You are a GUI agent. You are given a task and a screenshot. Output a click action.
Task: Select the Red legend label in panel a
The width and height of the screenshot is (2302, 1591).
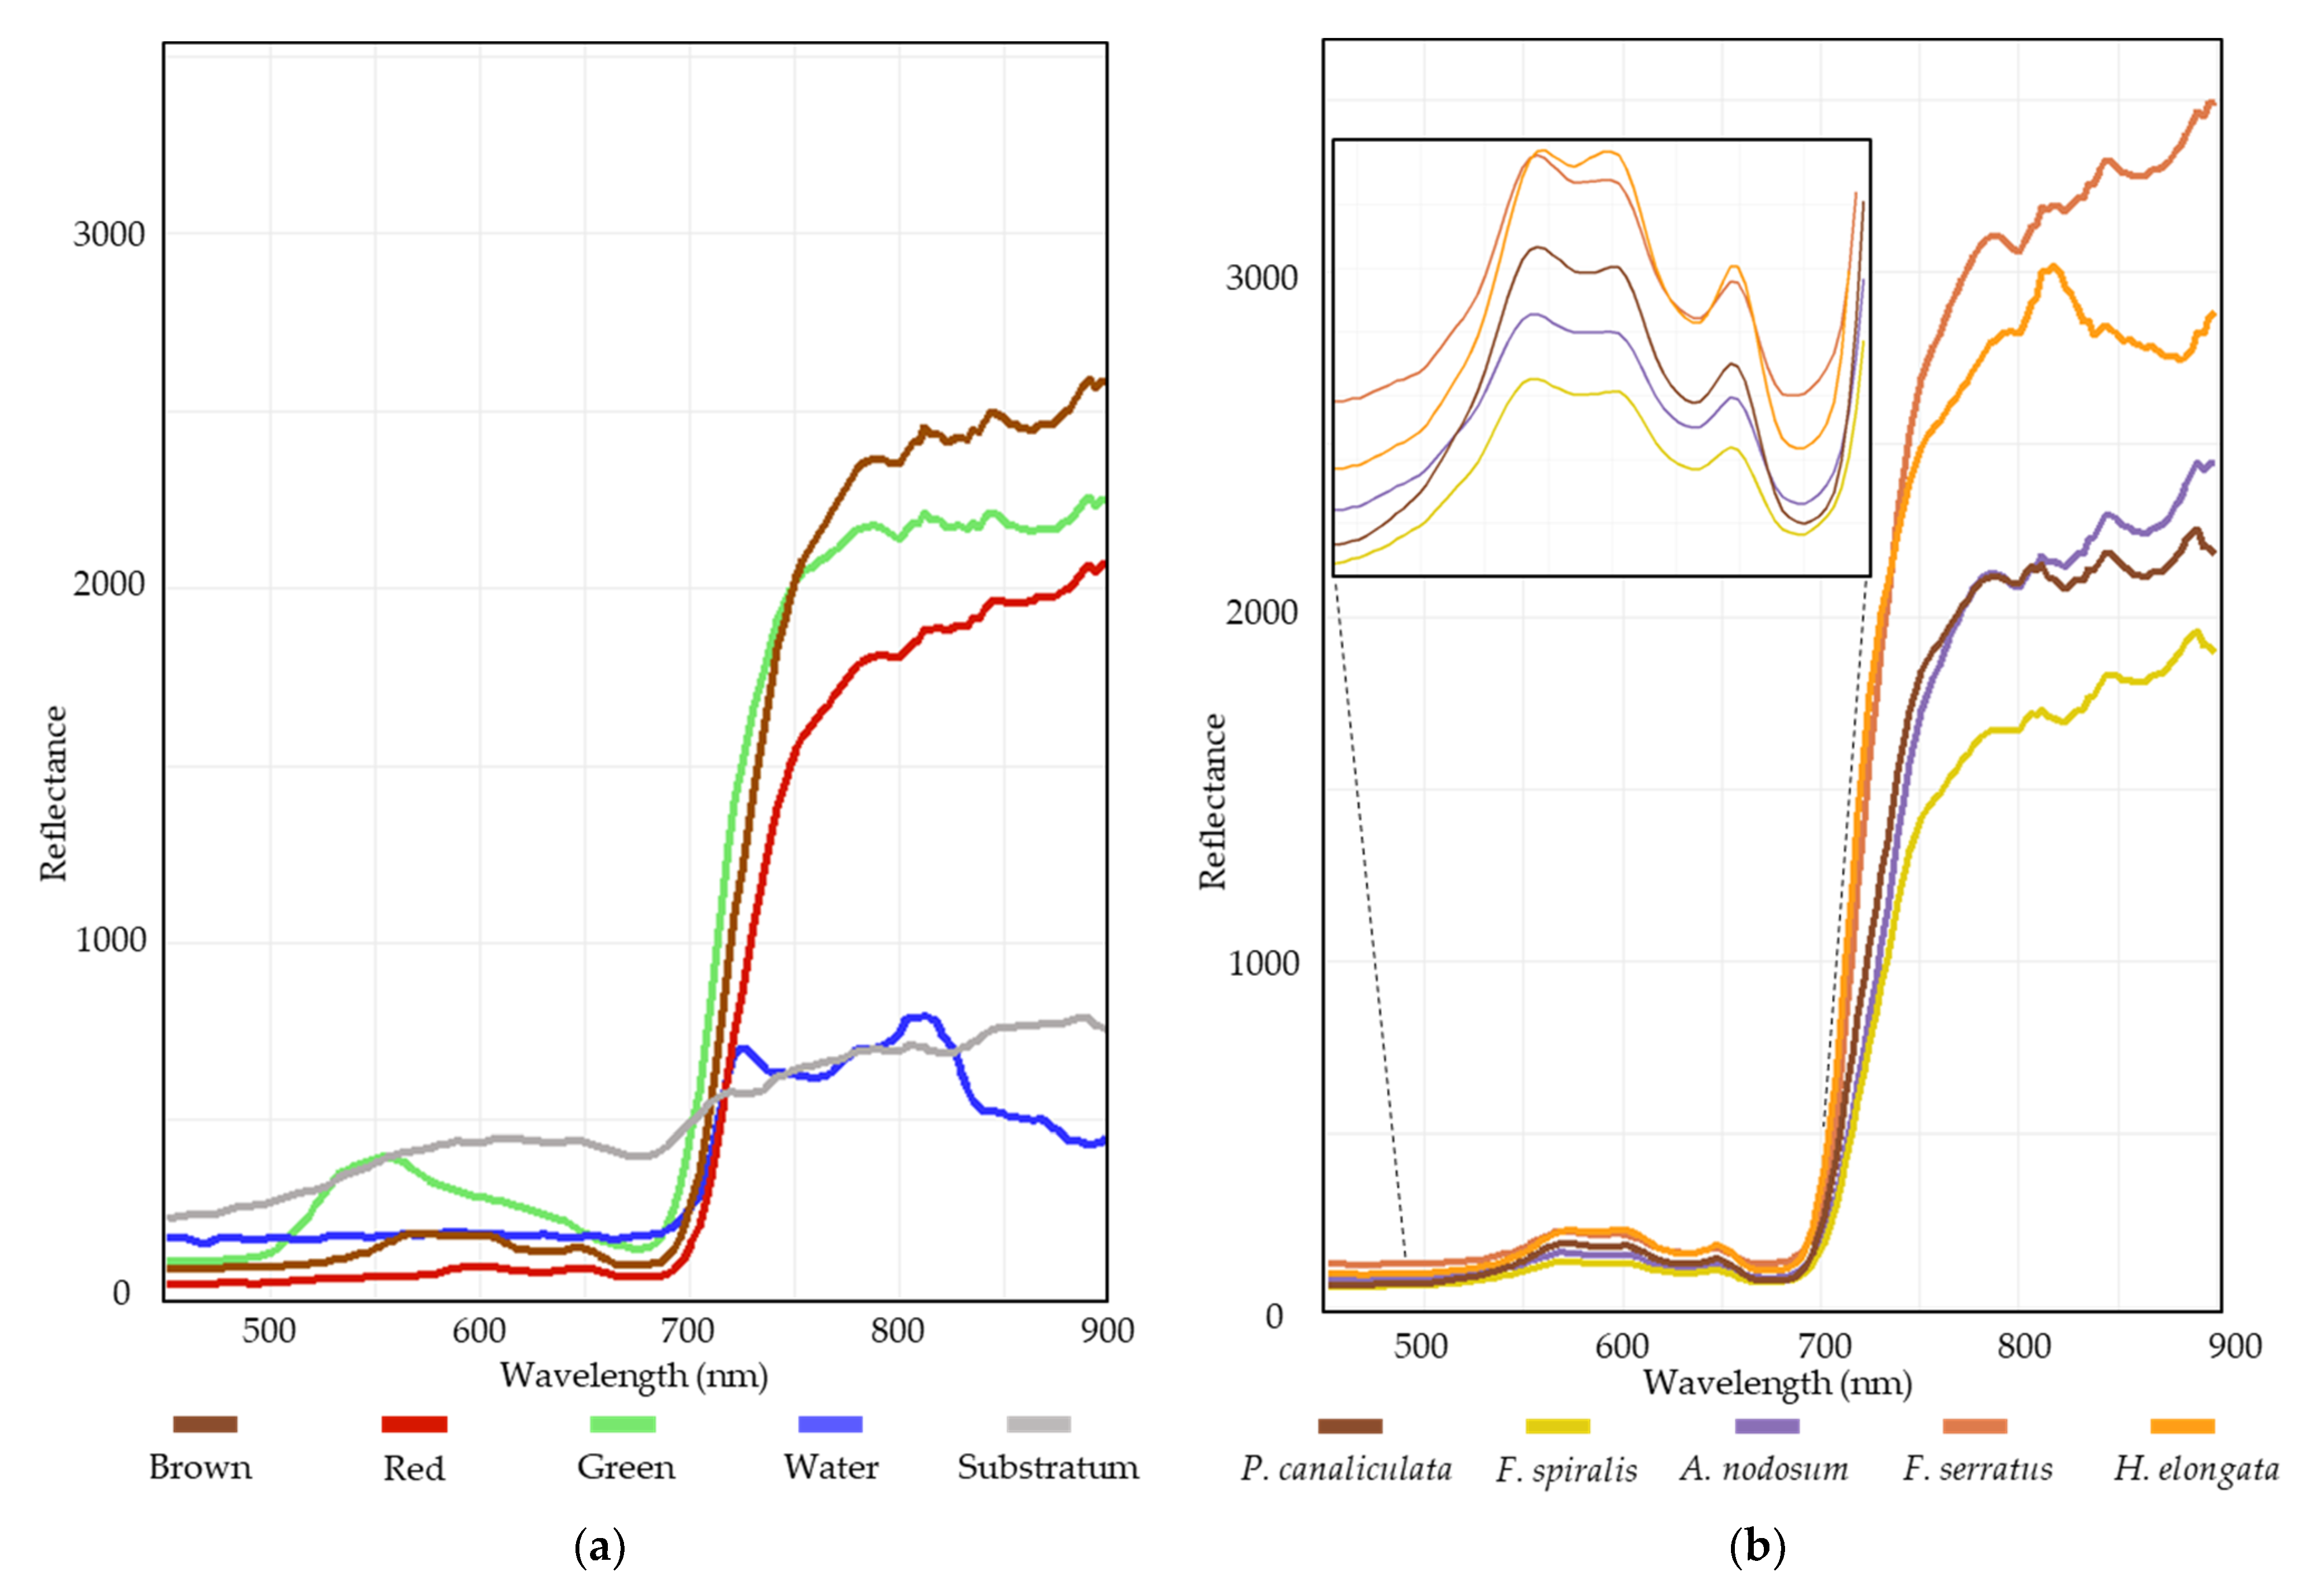[414, 1468]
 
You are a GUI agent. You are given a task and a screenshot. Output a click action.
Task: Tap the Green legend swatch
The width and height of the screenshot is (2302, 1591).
[622, 1424]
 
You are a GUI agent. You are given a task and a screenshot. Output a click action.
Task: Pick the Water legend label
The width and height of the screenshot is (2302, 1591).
[830, 1467]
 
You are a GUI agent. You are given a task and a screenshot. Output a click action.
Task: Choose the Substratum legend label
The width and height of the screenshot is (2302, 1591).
[1048, 1467]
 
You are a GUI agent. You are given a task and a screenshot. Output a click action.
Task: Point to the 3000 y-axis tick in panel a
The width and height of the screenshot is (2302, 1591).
[109, 234]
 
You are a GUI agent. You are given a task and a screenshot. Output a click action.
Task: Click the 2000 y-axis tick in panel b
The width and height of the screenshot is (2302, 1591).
[1261, 612]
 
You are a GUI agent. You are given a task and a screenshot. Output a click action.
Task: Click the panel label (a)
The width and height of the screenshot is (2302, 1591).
[600, 1547]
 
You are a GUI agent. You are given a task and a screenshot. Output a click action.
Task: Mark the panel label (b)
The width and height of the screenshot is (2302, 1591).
[1757, 1547]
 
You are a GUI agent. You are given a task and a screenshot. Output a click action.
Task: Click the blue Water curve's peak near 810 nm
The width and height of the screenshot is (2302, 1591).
[922, 1017]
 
